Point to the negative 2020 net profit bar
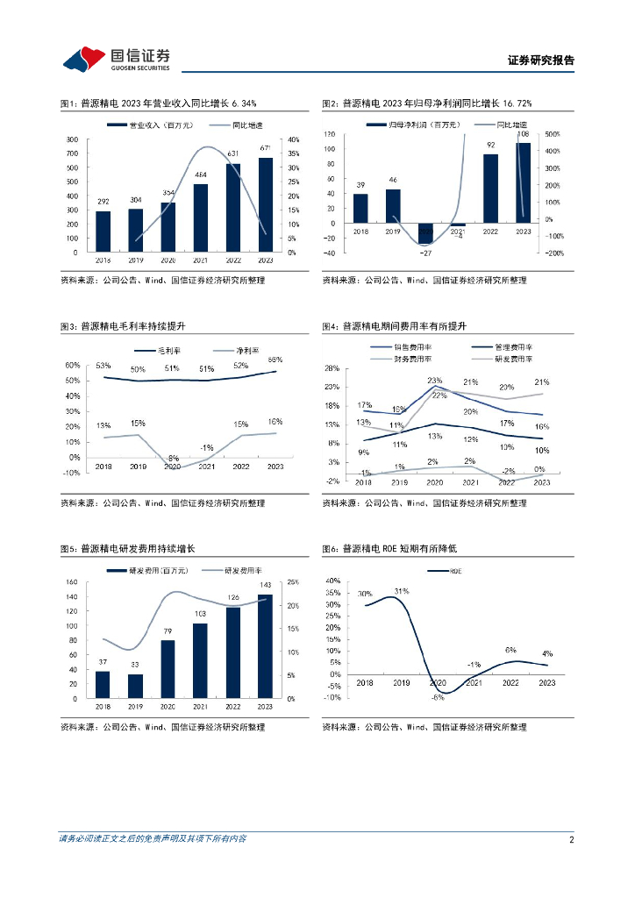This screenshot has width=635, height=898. point(425,232)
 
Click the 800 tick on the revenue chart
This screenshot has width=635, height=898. point(75,139)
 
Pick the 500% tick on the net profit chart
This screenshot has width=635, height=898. point(554,134)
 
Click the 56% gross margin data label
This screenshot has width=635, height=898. point(275,360)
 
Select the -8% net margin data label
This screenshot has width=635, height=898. point(174,458)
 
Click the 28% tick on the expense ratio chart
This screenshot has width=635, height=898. point(331,368)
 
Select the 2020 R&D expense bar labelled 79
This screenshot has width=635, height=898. point(168,669)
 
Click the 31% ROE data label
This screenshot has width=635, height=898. point(402,590)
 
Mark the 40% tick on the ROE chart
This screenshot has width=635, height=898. point(333,581)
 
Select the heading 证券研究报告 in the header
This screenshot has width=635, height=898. point(541,61)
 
